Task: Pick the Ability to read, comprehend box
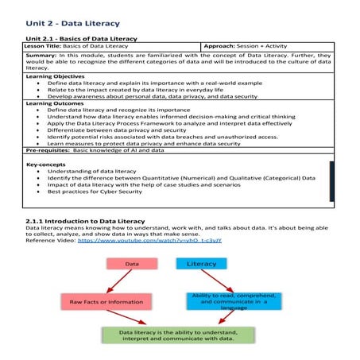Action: [229, 302]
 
